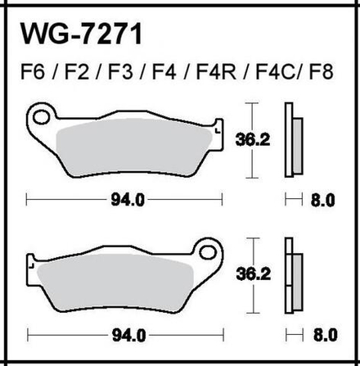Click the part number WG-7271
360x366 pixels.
pyautogui.click(x=82, y=35)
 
